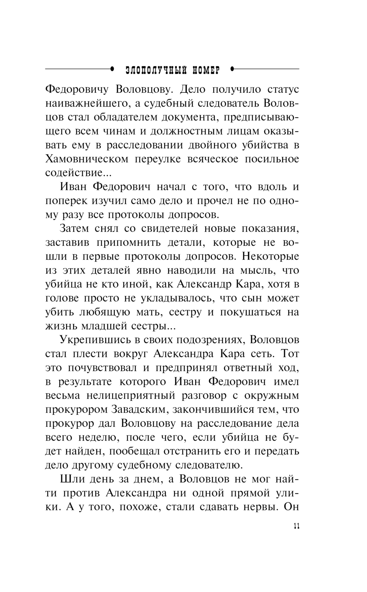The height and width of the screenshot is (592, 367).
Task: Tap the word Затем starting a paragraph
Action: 75,229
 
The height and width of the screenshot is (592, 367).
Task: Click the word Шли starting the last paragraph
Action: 70,479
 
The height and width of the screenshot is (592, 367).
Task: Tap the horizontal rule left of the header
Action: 79,69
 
